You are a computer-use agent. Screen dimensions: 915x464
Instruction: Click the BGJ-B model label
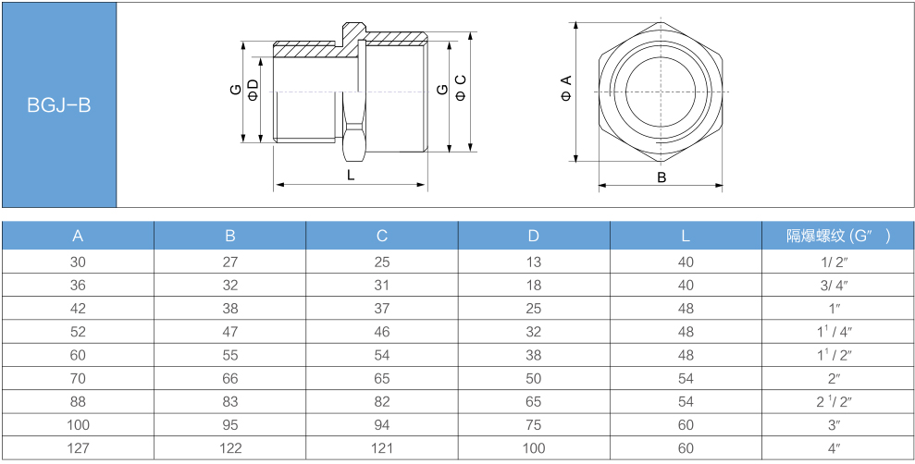(59, 105)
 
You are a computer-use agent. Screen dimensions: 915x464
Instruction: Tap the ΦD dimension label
(253, 90)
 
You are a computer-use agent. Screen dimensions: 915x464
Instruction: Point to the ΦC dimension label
(461, 88)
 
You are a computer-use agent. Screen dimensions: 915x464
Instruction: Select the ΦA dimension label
(566, 88)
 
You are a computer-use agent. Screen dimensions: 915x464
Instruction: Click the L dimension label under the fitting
(351, 175)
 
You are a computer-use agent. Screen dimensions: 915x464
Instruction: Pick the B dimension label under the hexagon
(662, 177)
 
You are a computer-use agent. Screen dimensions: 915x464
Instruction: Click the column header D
(533, 236)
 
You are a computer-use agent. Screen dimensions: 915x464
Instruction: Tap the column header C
(382, 236)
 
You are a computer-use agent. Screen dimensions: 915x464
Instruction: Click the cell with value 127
(78, 448)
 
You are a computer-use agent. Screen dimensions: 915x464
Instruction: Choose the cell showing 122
(230, 448)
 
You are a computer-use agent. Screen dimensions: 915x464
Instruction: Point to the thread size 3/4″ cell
(834, 285)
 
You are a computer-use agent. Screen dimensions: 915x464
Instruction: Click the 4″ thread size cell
(834, 448)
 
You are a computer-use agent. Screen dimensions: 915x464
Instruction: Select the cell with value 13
(533, 262)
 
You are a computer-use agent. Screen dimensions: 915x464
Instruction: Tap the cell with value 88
(78, 402)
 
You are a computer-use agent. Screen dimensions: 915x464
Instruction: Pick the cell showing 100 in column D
(533, 448)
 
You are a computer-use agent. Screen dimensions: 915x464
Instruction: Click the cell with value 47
(230, 332)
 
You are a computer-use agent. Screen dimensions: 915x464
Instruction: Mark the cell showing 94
(382, 425)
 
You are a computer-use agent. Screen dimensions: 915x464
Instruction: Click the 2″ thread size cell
(834, 378)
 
